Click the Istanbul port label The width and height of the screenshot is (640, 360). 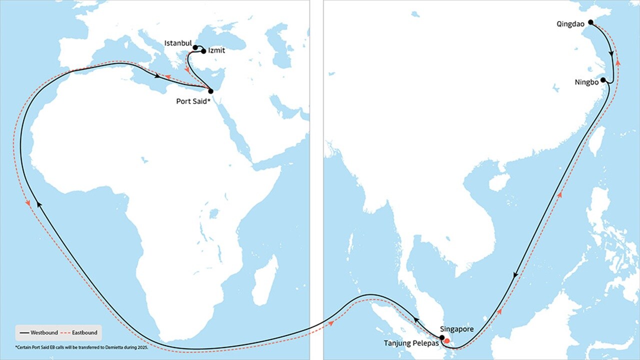(178, 43)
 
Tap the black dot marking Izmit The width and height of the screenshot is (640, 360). (203, 51)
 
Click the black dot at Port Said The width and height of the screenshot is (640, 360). (210, 91)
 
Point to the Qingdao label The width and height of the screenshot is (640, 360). (570, 23)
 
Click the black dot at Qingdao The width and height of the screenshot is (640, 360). (590, 22)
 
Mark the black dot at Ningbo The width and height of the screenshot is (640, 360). (603, 80)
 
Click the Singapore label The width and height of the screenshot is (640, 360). (456, 329)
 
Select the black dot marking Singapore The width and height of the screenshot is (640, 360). (442, 337)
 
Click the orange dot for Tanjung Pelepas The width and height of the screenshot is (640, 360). (447, 341)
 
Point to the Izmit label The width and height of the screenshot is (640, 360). (216, 51)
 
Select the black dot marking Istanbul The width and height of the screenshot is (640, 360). (195, 47)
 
